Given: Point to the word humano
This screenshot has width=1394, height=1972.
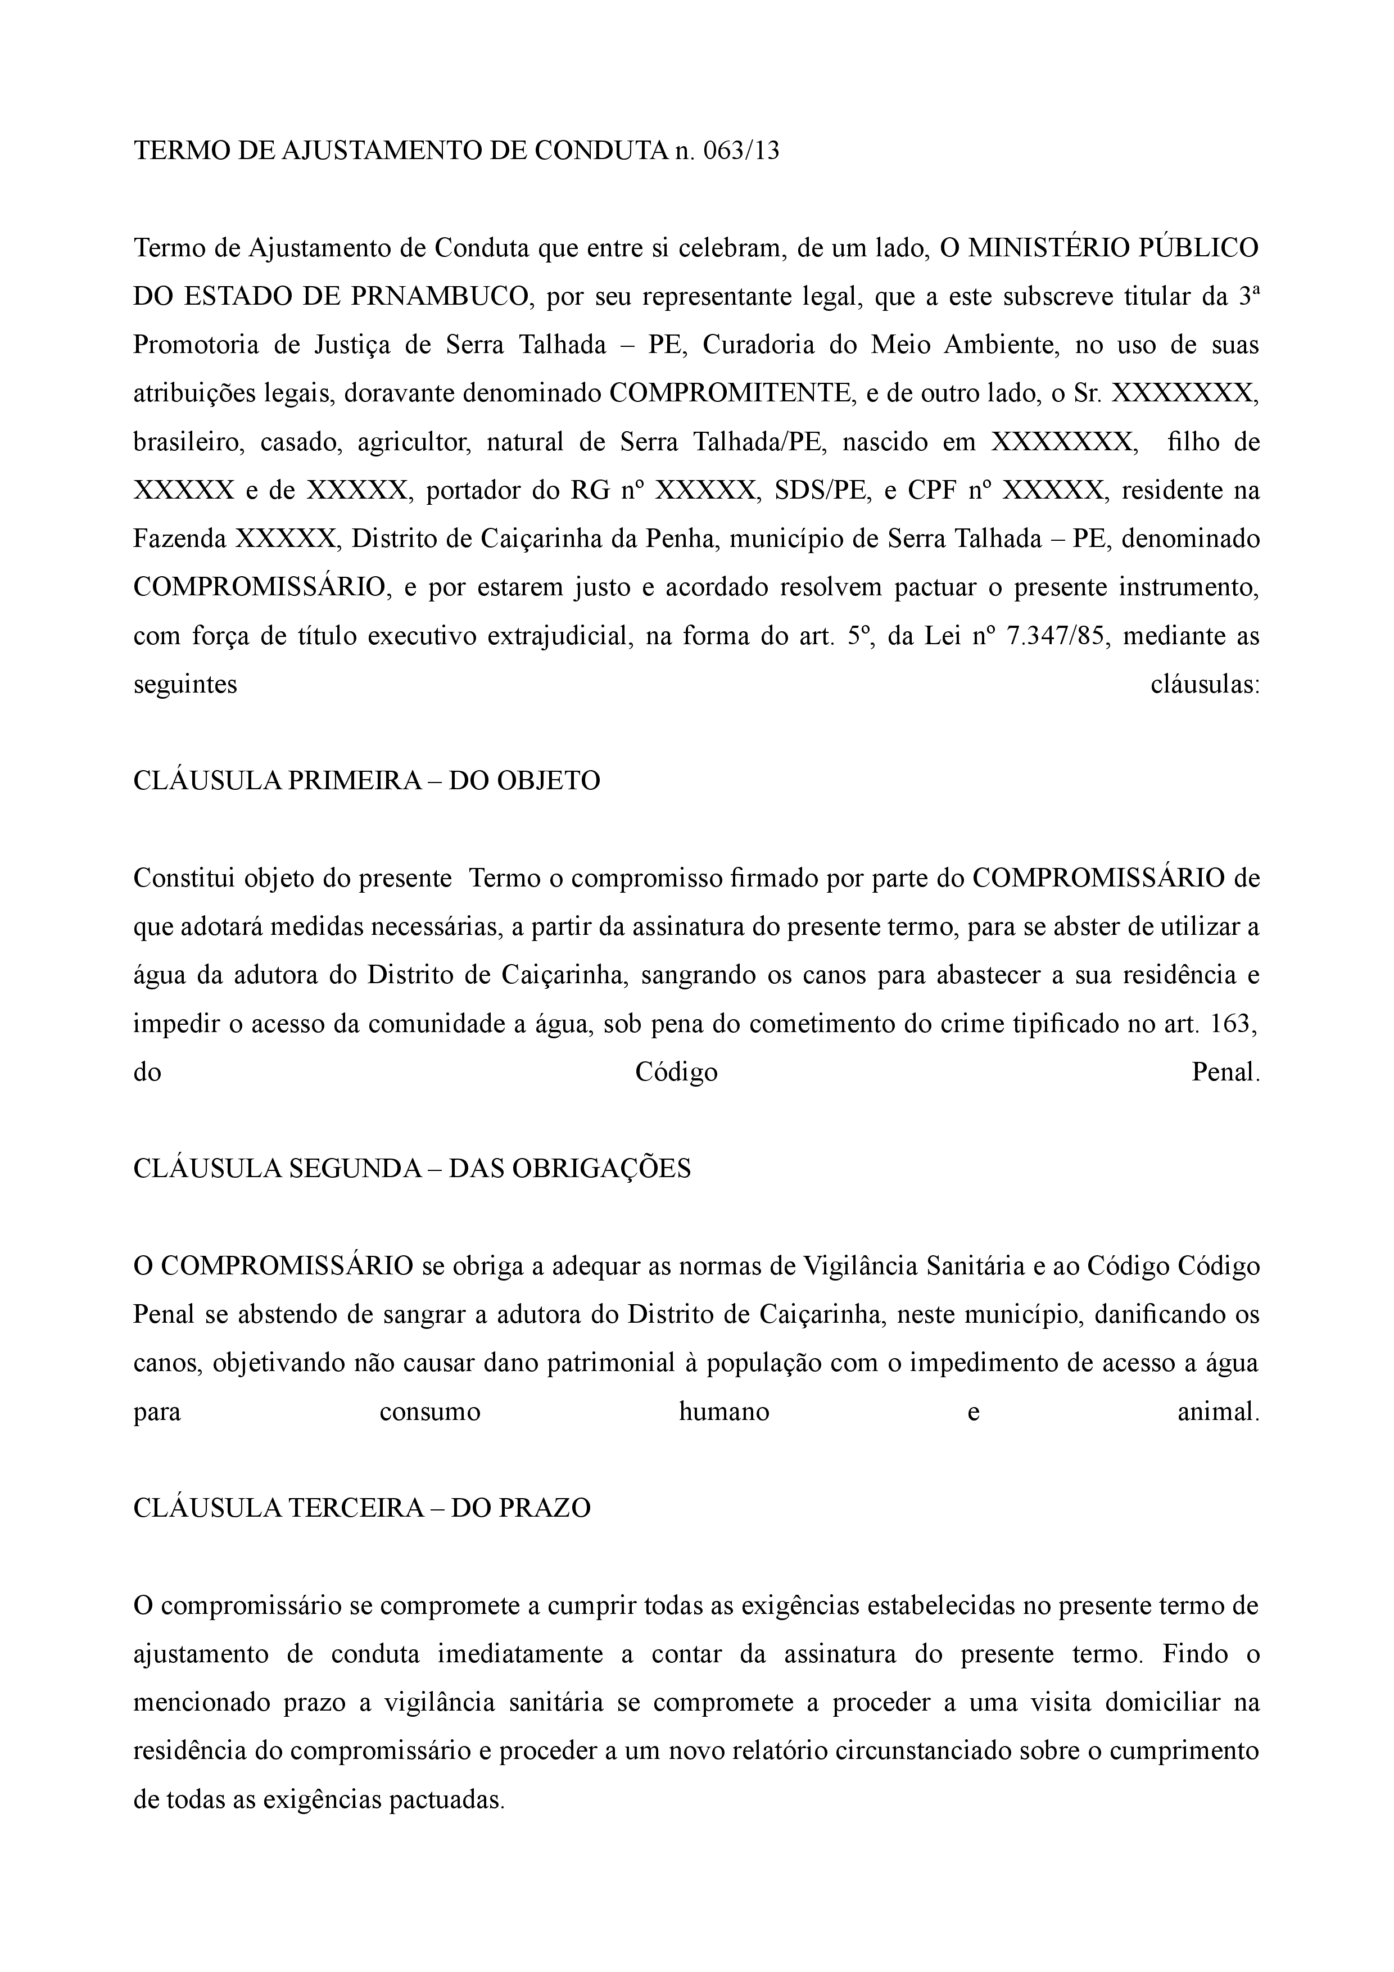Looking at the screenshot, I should pos(723,1413).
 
